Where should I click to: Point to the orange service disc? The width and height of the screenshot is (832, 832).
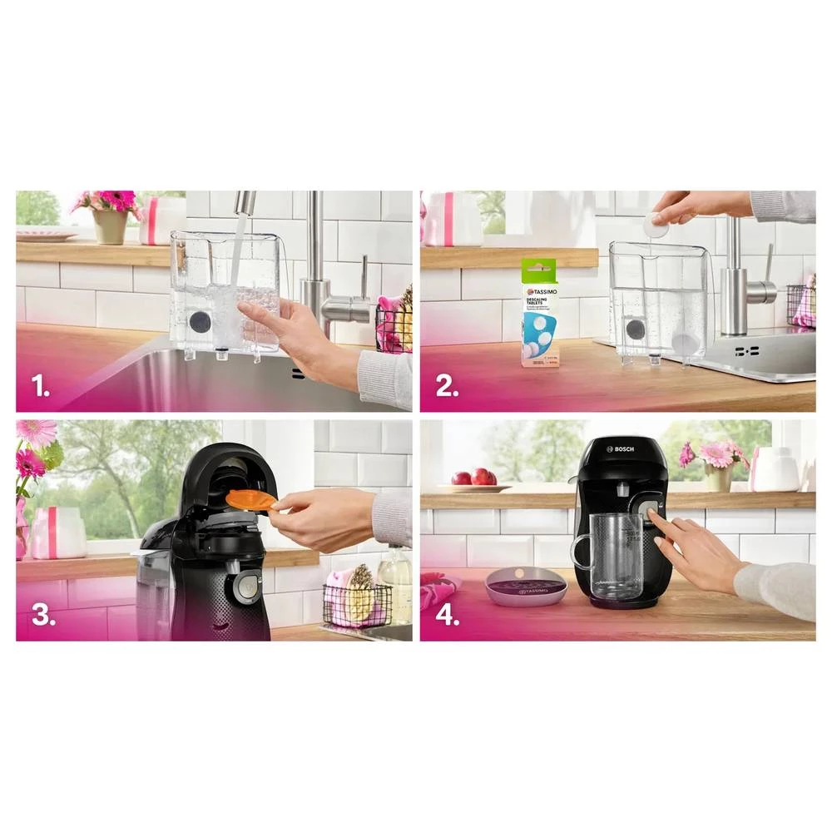coord(250,499)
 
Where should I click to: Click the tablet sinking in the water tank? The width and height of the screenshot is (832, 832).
coord(684,342)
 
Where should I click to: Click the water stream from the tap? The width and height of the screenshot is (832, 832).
coord(236,258)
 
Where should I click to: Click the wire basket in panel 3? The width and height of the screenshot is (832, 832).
coord(356,602)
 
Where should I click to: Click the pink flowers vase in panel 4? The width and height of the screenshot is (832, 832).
coord(716,475)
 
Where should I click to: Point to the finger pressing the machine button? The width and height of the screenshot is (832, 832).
coord(656,522)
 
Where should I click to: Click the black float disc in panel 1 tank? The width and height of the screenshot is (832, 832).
coord(199,322)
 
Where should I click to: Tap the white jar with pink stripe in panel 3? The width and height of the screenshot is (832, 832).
coord(58,532)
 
